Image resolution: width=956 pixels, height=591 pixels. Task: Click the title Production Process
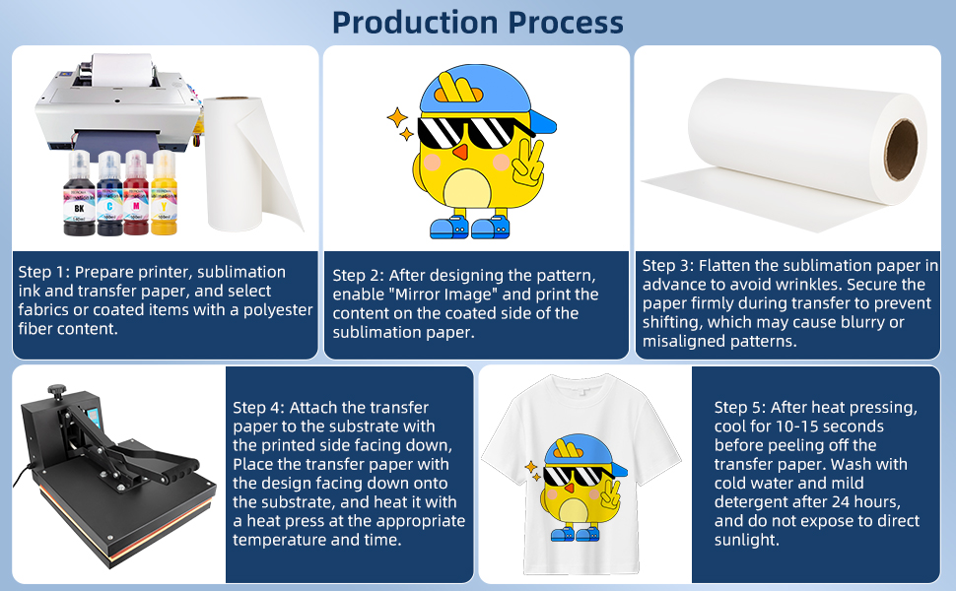pyautogui.click(x=478, y=22)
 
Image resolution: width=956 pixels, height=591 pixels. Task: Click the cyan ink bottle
pyautogui.click(x=108, y=197)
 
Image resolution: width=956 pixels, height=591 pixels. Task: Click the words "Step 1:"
pyautogui.click(x=45, y=272)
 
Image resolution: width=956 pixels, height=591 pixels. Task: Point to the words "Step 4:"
pyautogui.click(x=260, y=408)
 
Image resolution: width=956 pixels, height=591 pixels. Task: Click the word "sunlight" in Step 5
pyautogui.click(x=746, y=540)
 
